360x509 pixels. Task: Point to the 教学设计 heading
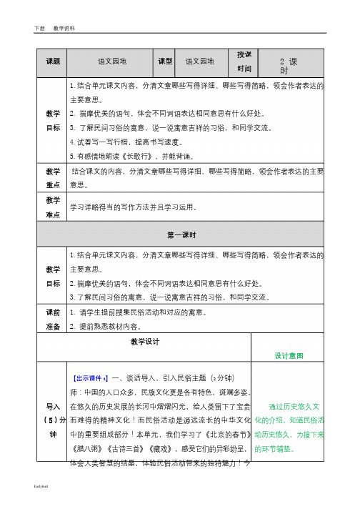point(145,342)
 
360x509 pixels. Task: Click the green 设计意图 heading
point(289,355)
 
